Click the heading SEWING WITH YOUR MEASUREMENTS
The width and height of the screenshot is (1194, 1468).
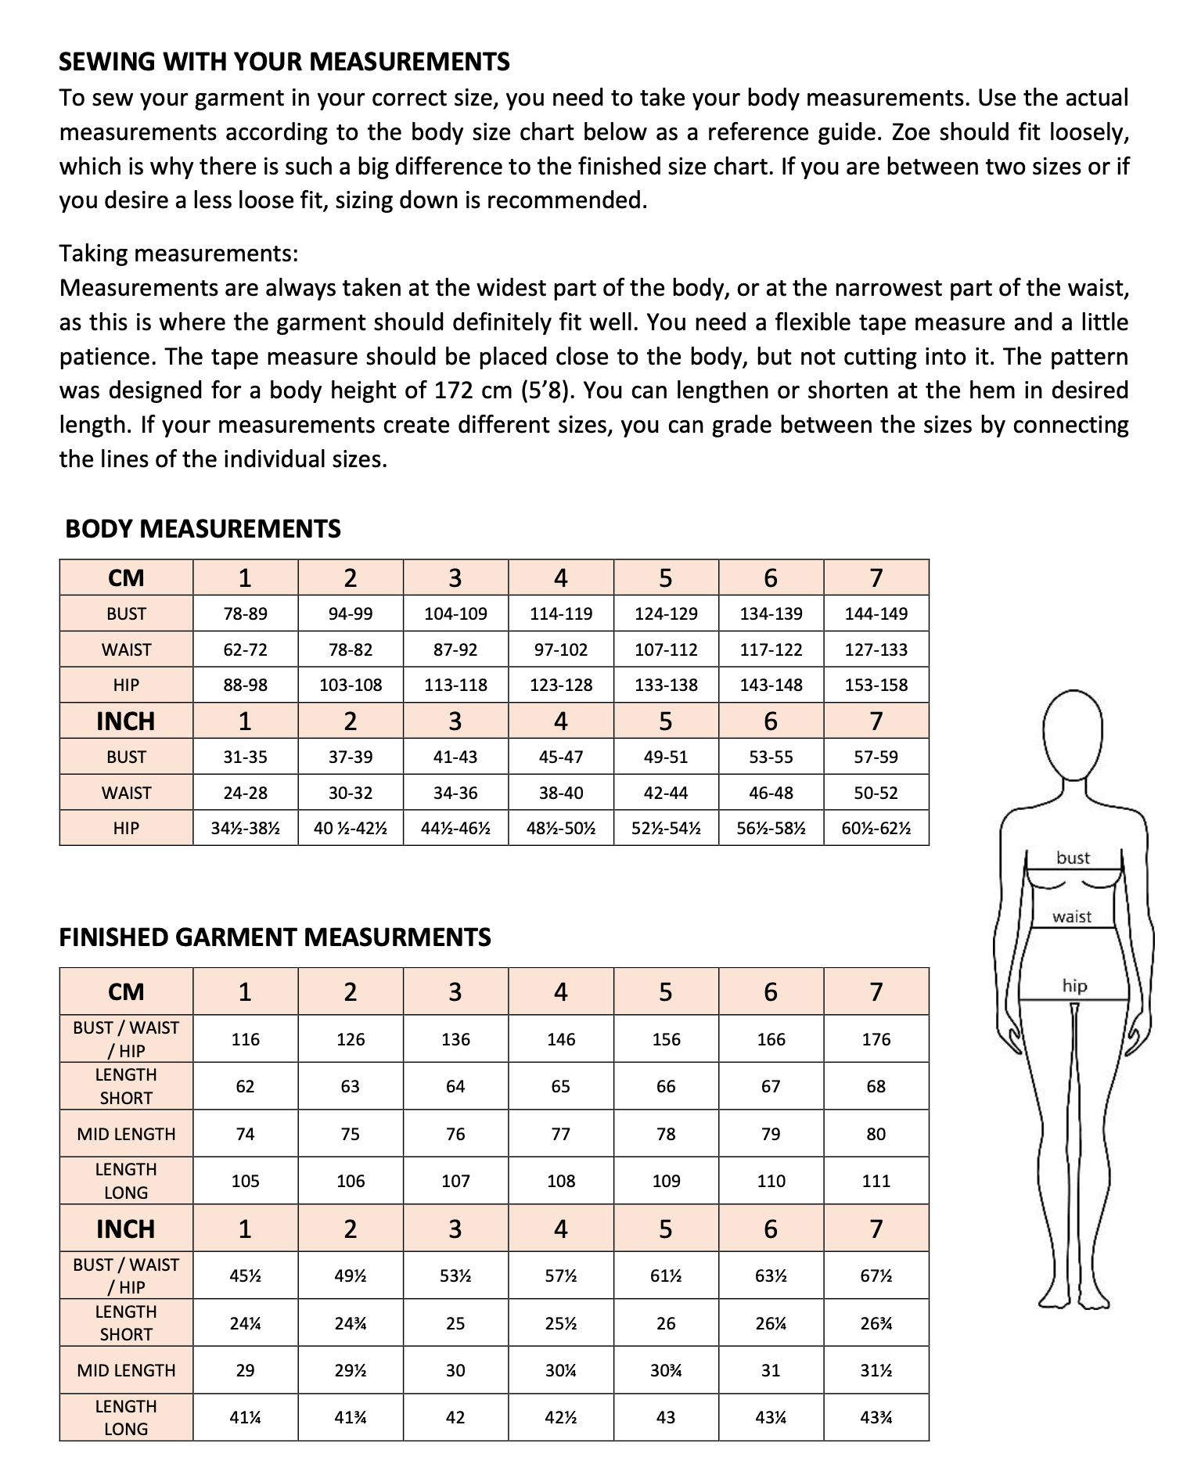284,61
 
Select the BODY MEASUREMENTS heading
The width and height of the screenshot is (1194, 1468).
203,529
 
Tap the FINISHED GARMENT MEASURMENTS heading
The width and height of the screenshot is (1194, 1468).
275,937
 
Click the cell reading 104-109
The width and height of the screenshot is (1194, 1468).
455,613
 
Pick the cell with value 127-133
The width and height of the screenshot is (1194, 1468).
876,649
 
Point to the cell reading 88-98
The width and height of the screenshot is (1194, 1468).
245,685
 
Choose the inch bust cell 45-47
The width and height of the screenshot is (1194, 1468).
560,757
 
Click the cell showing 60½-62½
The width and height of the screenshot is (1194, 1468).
876,828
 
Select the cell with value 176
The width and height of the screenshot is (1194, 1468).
876,1039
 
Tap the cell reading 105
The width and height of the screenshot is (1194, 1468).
245,1181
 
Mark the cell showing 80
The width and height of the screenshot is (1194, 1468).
876,1134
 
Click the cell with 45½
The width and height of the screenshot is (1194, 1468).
245,1276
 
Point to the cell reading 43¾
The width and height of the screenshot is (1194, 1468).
876,1417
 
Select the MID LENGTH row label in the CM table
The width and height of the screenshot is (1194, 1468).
126,1134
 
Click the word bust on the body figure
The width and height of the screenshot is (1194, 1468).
1073,858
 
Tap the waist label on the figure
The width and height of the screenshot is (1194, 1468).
1071,916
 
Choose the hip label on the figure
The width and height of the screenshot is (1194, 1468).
1074,986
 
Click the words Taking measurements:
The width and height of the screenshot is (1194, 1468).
178,254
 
